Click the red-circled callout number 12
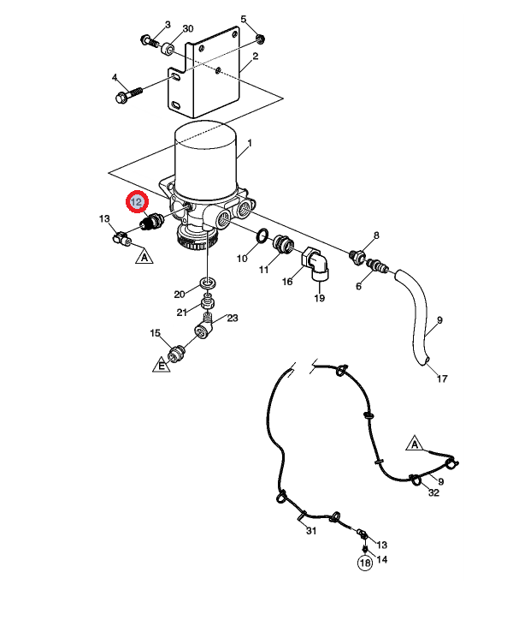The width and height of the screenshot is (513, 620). [x=137, y=202]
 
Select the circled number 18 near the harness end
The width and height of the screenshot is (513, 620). [x=365, y=563]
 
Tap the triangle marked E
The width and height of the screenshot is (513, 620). [x=161, y=365]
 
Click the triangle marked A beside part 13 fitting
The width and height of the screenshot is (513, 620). [x=144, y=256]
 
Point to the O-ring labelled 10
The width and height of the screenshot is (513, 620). [x=262, y=235]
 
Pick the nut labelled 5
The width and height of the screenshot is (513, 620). [x=260, y=39]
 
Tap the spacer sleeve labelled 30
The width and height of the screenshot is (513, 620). [x=168, y=51]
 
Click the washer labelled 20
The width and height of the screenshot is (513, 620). [x=208, y=283]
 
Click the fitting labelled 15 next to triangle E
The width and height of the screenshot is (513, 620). [x=176, y=353]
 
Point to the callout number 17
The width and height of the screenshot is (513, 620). [x=442, y=379]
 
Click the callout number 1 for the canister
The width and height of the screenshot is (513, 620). [x=249, y=142]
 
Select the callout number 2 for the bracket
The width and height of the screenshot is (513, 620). [x=255, y=57]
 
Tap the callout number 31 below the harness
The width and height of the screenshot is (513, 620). [x=311, y=531]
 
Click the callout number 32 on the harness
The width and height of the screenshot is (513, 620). [x=433, y=492]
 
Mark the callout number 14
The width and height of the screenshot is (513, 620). [x=382, y=559]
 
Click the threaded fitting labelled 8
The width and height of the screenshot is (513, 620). [x=357, y=256]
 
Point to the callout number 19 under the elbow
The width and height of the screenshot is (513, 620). [x=320, y=298]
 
